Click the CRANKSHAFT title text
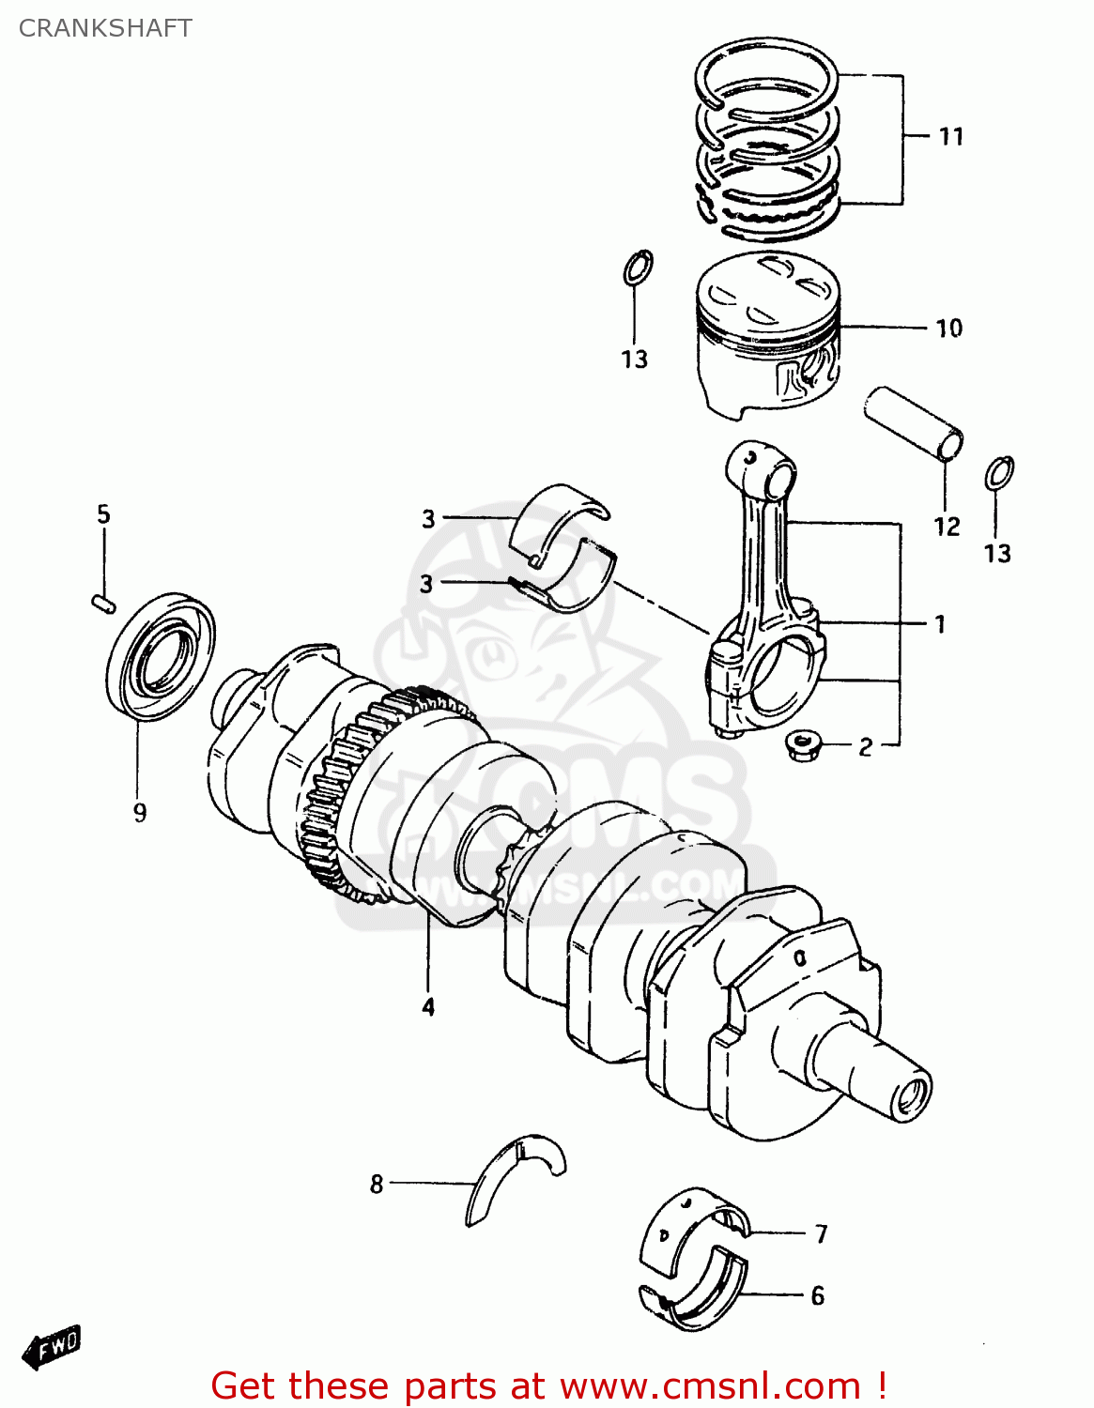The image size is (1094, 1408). coord(105,28)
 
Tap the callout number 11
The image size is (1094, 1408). coord(951,137)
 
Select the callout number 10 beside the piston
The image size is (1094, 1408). coord(948,329)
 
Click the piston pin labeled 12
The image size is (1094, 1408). coord(914,423)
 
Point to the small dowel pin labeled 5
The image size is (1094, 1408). coord(103,604)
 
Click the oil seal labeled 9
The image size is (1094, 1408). coord(161,656)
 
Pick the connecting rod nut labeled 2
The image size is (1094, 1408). coord(803,747)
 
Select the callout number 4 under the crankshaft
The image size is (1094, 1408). coord(428,1007)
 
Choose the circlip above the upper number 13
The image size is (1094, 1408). coord(638,268)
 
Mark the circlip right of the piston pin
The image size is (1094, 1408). coord(999,473)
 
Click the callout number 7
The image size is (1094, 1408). coord(821,1233)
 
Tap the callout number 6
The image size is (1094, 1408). coord(817,1296)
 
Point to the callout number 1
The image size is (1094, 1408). coord(939,624)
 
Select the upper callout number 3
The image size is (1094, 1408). coord(428,519)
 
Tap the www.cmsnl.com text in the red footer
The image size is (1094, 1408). coord(709,1386)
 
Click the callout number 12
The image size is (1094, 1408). coord(947,527)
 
